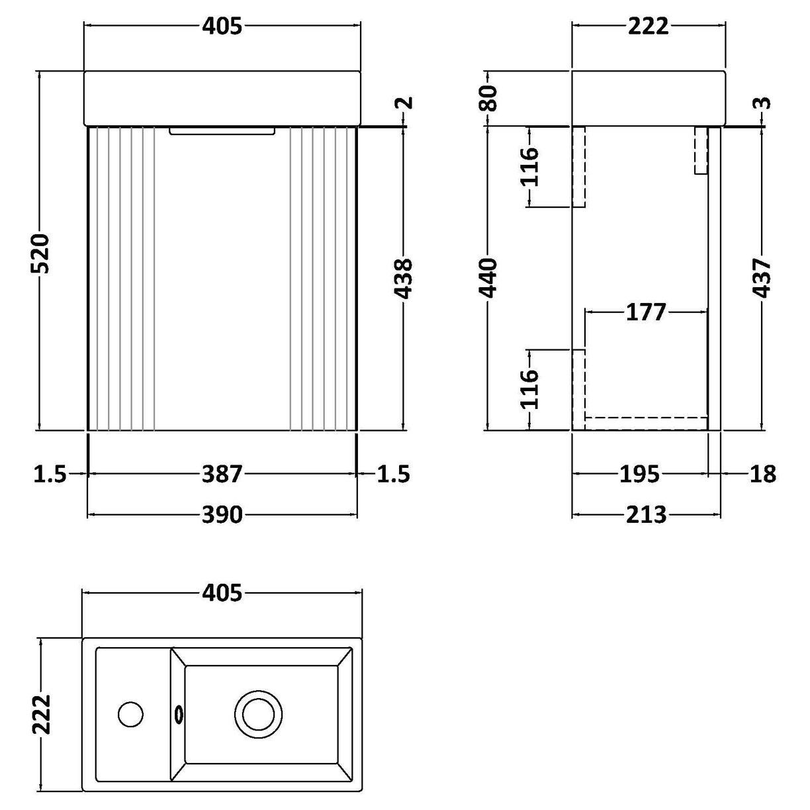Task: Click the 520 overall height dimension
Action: pos(40,253)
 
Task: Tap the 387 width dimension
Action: pos(222,474)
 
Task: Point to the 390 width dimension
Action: pos(222,514)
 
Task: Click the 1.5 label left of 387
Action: pos(50,474)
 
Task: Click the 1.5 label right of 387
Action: pos(393,474)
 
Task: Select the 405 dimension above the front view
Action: pos(222,26)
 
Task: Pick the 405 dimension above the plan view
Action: pos(222,594)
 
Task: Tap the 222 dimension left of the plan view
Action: pos(40,715)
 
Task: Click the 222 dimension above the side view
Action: pos(647,26)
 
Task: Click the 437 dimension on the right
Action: pos(762,278)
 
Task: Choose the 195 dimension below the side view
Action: pos(640,474)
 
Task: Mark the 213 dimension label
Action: pos(645,514)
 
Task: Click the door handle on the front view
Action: pos(222,132)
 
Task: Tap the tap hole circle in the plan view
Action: pos(130,714)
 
